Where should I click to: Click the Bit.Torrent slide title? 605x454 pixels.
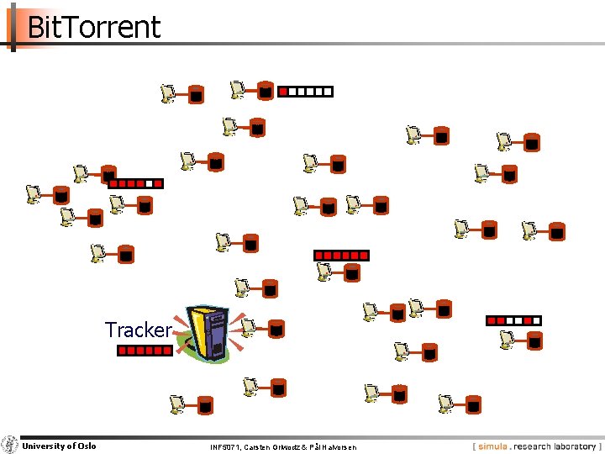tap(93, 27)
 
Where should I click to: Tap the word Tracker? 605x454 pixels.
tap(138, 330)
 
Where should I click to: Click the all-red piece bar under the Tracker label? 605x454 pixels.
tap(145, 351)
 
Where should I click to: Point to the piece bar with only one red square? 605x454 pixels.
tap(306, 91)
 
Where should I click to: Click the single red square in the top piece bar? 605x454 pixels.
tap(283, 91)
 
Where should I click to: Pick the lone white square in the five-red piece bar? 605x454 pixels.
tap(150, 182)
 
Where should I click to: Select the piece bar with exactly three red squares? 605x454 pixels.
tap(513, 320)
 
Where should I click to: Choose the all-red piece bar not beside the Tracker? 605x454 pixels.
tap(341, 255)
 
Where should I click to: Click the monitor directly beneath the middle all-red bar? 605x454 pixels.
tap(324, 271)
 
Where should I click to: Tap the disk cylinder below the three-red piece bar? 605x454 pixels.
tap(534, 340)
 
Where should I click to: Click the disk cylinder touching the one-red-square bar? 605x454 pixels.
tap(265, 90)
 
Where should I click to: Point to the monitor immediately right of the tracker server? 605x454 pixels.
tap(248, 326)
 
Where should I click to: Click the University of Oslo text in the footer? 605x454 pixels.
tap(59, 446)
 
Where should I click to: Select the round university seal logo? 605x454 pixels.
tap(9, 445)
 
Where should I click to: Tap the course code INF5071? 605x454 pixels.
tap(225, 447)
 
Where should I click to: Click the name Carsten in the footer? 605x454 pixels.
tap(259, 447)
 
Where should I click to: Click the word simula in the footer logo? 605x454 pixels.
tap(494, 446)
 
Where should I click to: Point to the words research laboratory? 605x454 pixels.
tap(555, 446)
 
